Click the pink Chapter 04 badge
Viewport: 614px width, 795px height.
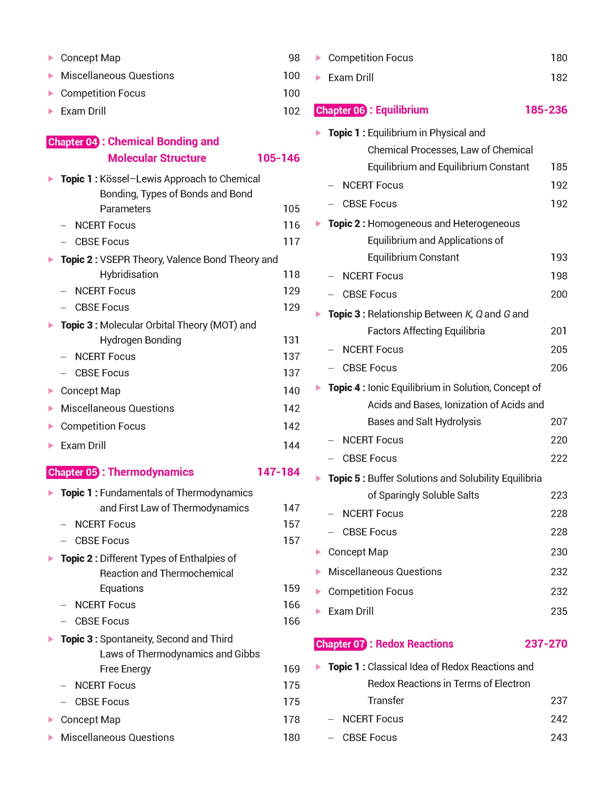(x=73, y=142)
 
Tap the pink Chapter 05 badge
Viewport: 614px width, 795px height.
(x=73, y=472)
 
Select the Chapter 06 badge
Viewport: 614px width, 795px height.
(x=340, y=110)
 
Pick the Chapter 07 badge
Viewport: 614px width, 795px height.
(x=340, y=644)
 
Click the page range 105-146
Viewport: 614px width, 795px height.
(x=279, y=158)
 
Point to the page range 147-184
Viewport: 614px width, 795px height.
(x=279, y=472)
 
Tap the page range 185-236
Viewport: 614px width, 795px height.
(x=546, y=110)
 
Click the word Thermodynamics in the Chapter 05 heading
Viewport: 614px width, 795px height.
(x=151, y=472)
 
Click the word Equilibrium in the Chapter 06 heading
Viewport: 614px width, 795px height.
(x=402, y=110)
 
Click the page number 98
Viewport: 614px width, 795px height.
(x=294, y=58)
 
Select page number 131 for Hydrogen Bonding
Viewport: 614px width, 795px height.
(x=292, y=340)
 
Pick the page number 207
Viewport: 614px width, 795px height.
(x=559, y=421)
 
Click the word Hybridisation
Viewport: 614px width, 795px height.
(x=129, y=275)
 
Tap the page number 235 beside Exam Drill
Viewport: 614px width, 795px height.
(x=559, y=611)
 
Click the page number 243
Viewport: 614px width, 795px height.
(x=559, y=737)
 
